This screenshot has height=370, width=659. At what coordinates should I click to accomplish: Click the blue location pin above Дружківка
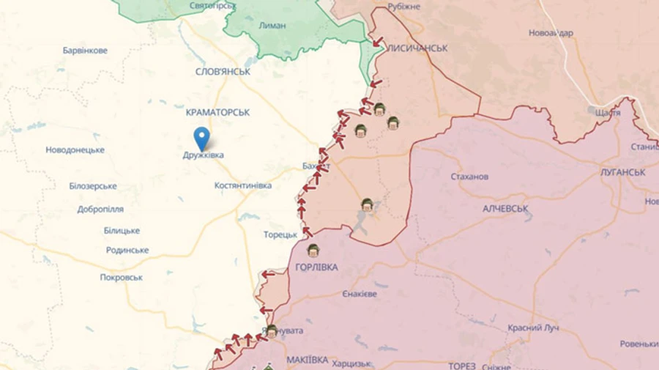click(201, 138)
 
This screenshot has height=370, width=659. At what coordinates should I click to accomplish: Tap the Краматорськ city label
click(217, 112)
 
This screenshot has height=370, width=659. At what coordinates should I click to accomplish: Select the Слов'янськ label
click(223, 72)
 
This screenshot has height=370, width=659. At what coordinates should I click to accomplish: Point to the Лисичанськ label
click(417, 48)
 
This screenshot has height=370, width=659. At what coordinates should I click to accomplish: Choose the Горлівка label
click(316, 267)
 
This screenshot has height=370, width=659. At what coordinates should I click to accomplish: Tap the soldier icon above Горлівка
click(313, 251)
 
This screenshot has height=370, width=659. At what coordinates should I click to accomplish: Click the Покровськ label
click(122, 278)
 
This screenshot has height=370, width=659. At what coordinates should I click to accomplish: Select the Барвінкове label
click(85, 51)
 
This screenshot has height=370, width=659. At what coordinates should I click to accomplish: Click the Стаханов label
click(469, 177)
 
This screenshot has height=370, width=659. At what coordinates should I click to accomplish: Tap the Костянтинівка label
click(244, 186)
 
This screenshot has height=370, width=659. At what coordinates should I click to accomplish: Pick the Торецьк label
click(280, 234)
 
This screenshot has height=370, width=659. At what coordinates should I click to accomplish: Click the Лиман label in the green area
click(272, 25)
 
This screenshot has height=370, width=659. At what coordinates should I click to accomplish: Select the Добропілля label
click(100, 209)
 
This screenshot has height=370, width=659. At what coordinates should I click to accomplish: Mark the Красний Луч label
click(535, 328)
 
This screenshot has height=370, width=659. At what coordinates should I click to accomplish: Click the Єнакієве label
click(360, 294)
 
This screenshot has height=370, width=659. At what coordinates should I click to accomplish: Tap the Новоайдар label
click(551, 33)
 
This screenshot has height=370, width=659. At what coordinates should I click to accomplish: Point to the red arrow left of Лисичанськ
click(376, 42)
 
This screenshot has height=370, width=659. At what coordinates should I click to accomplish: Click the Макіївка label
click(307, 360)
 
